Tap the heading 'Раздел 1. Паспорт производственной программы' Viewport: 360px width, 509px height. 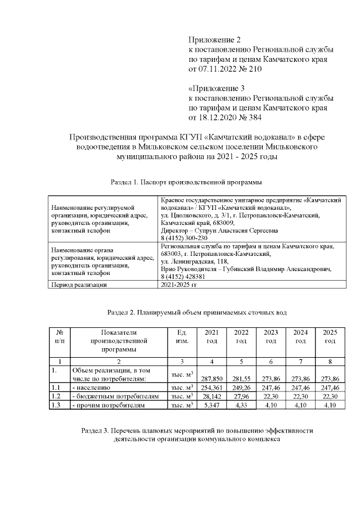coord(186,182)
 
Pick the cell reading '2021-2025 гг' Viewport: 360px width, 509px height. coord(179,285)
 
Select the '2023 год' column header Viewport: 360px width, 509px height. coord(271,337)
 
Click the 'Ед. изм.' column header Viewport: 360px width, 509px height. coord(182,337)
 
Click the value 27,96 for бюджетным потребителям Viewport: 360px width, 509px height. coord(241,396)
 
